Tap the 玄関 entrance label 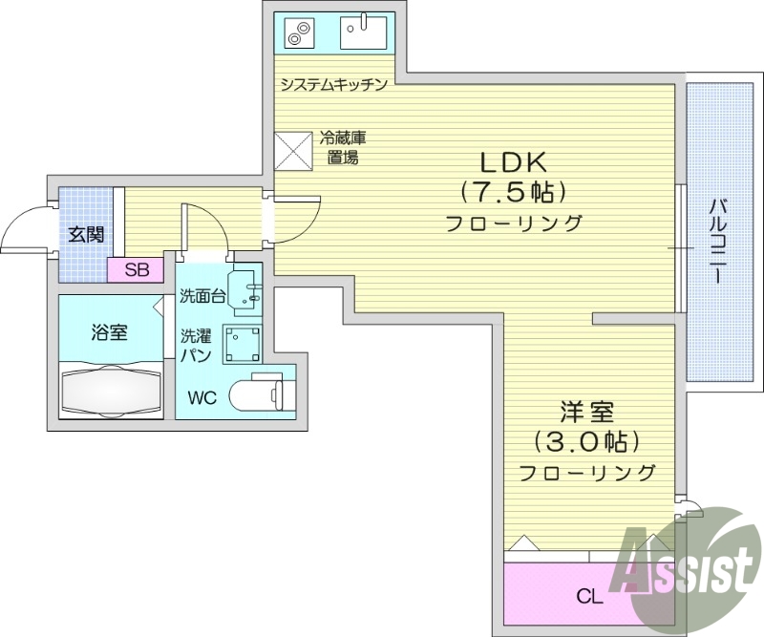pyautogui.click(x=86, y=233)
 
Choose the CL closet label pyautogui.click(x=589, y=598)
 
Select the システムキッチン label pyautogui.click(x=333, y=85)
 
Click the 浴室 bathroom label pyautogui.click(x=110, y=333)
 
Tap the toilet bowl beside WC pyautogui.click(x=264, y=393)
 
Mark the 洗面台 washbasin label pyautogui.click(x=202, y=296)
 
